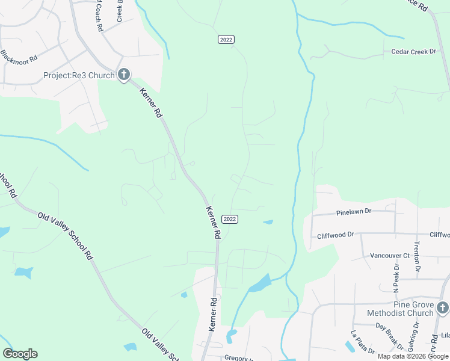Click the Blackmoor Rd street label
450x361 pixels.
tap(19, 55)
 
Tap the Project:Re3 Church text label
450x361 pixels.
tap(78, 75)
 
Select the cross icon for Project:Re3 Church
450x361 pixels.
tap(124, 75)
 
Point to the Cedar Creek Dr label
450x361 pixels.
tap(413, 52)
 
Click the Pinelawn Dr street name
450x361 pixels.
tap(354, 212)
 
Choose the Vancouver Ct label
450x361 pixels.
tap(389, 255)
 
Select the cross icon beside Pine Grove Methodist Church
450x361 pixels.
tap(443, 308)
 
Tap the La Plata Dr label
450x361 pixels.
tap(363, 342)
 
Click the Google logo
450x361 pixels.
tap(20, 354)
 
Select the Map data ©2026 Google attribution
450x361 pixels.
tap(413, 356)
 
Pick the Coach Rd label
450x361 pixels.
tap(98, 17)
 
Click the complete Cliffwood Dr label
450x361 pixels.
tap(335, 235)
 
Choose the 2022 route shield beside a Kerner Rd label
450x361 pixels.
tap(229, 218)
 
